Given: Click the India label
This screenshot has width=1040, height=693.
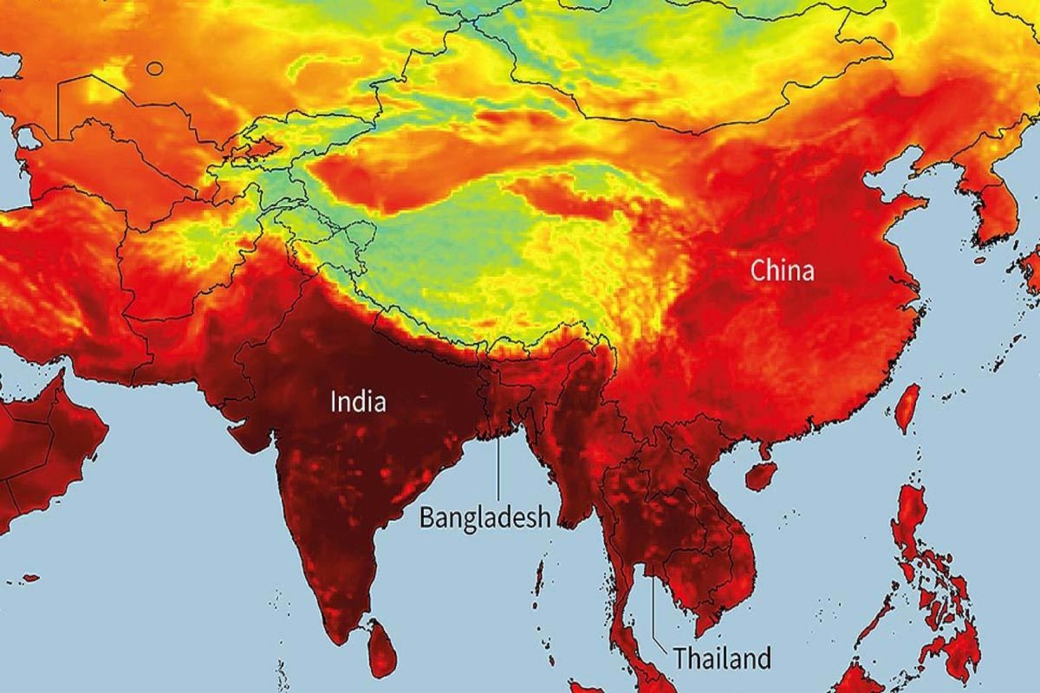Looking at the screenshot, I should pyautogui.click(x=358, y=402).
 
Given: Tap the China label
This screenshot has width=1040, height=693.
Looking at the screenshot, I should pyautogui.click(x=782, y=271).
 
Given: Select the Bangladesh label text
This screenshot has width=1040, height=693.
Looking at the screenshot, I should pyautogui.click(x=485, y=518).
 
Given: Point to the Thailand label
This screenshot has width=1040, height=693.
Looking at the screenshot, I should pyautogui.click(x=722, y=658).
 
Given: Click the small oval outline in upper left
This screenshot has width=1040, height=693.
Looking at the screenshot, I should pyautogui.click(x=154, y=68).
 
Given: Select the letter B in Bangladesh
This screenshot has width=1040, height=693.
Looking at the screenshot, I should pyautogui.click(x=426, y=518).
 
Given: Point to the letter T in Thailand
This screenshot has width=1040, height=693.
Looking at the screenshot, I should pyautogui.click(x=679, y=658).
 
